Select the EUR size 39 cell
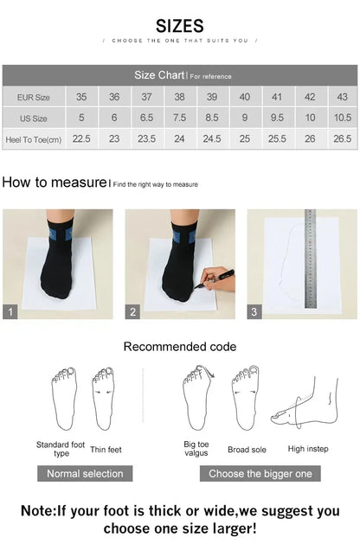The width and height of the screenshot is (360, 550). (212, 97)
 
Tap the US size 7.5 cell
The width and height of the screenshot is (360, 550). (179, 118)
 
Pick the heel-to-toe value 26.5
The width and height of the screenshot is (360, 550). (342, 138)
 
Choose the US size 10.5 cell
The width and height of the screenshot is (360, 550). (342, 118)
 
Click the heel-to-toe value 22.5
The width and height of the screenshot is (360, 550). (81, 138)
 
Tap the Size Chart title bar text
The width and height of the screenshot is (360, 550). (157, 75)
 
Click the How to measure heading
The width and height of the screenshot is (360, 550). (54, 182)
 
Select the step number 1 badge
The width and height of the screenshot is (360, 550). (10, 312)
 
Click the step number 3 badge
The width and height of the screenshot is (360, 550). (254, 312)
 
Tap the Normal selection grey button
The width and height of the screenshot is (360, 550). (85, 473)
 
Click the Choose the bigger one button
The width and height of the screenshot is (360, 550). (260, 473)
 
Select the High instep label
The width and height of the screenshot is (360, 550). (308, 449)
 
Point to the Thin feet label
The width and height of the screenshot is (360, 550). (106, 449)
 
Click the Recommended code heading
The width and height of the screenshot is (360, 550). (179, 347)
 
